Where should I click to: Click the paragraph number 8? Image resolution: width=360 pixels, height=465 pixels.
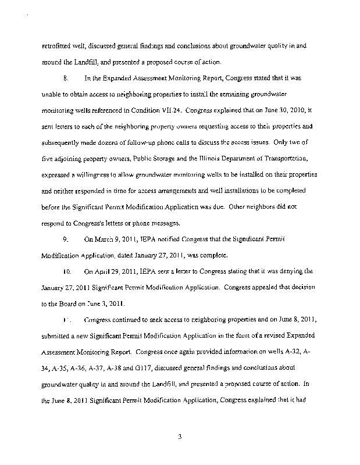[x=67, y=77]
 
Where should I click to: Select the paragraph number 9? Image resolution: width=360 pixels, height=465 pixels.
[x=67, y=239]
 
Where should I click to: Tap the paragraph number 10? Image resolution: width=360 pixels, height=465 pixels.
[x=67, y=271]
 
